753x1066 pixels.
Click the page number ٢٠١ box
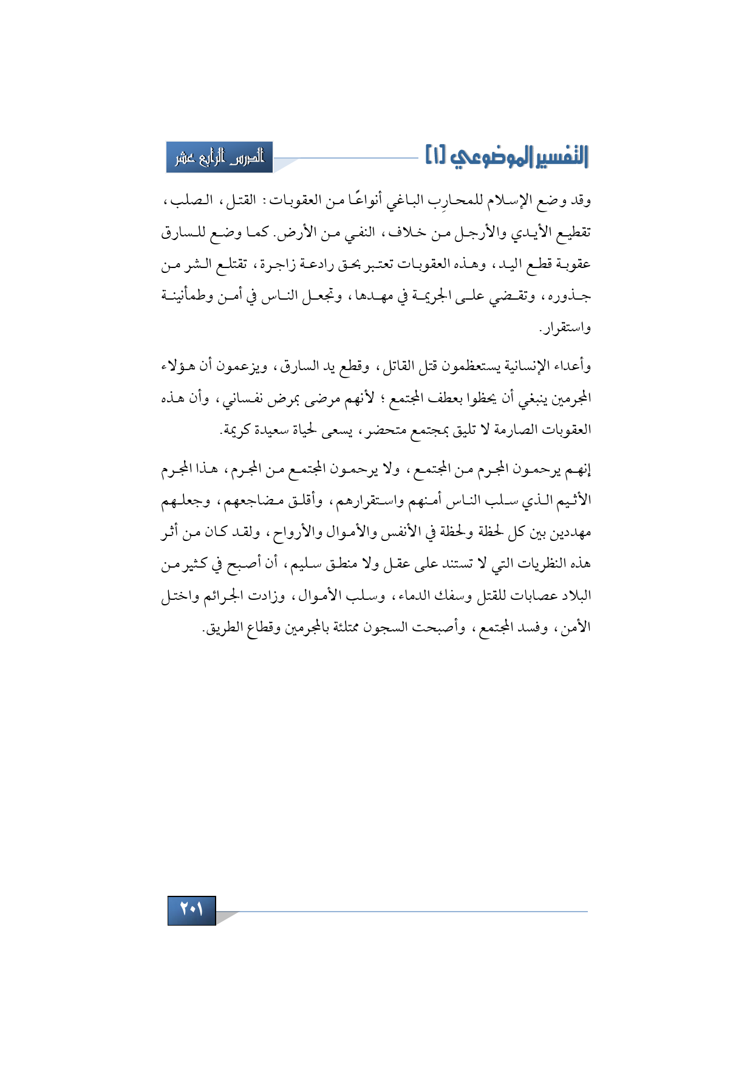point(191,910)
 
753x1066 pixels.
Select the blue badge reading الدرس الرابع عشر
point(219,157)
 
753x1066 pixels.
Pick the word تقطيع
point(571,233)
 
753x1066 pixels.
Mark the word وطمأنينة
point(185,297)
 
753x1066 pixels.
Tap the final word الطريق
point(222,628)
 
